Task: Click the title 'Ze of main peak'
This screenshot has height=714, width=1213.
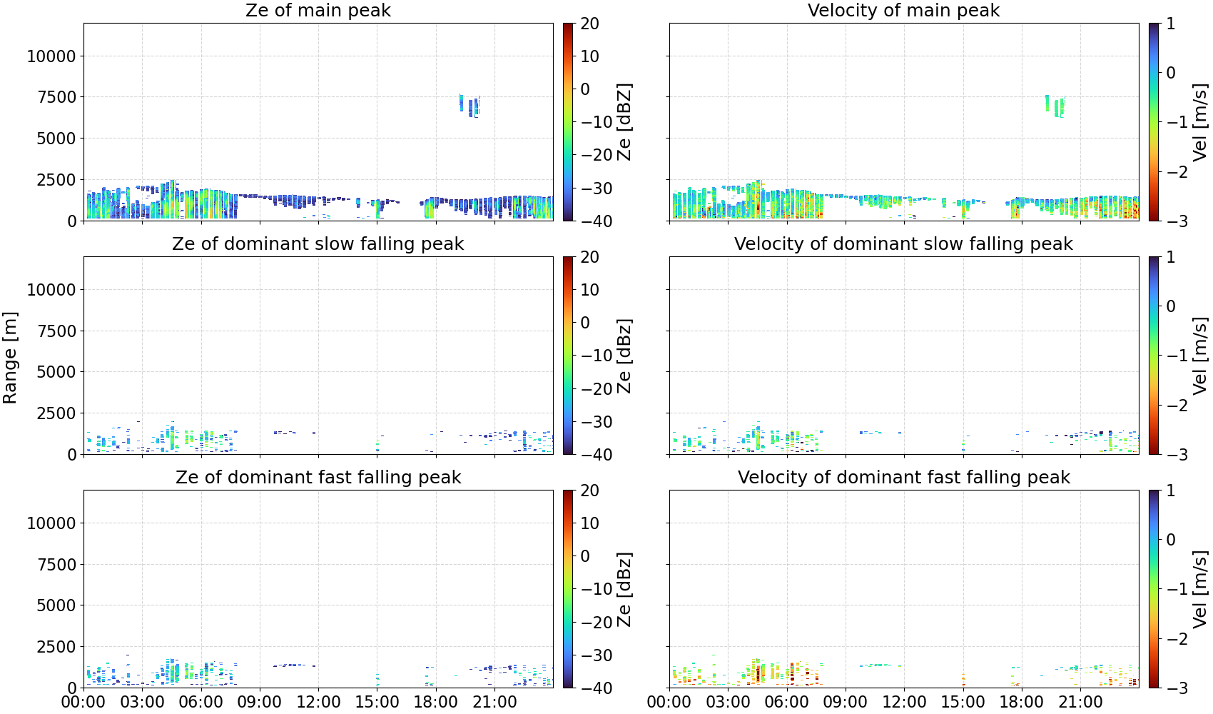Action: [x=318, y=10]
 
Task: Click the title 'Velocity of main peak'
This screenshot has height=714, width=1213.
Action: [x=904, y=10]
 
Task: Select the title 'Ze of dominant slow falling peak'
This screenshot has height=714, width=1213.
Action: [x=318, y=243]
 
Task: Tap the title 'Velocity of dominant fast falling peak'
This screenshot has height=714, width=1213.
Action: [x=904, y=477]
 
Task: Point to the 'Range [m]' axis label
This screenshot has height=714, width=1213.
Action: [x=10, y=358]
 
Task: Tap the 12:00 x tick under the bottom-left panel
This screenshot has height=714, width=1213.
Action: [x=318, y=702]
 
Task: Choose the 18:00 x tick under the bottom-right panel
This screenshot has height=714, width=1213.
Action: [x=1022, y=702]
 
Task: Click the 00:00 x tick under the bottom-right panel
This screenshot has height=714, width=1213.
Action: [x=669, y=702]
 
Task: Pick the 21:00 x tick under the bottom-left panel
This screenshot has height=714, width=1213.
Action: [x=494, y=702]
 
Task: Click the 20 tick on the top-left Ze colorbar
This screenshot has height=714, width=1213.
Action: [x=589, y=24]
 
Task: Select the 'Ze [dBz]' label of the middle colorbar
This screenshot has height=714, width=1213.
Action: [x=624, y=356]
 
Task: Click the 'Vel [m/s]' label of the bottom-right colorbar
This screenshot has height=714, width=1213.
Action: [x=1201, y=589]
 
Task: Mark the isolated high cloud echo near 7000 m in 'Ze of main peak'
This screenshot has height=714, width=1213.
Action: [x=470, y=106]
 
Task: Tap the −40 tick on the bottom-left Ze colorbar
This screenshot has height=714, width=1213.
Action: [x=597, y=688]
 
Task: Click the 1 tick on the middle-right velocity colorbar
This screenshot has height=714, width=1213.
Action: [x=1171, y=257]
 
